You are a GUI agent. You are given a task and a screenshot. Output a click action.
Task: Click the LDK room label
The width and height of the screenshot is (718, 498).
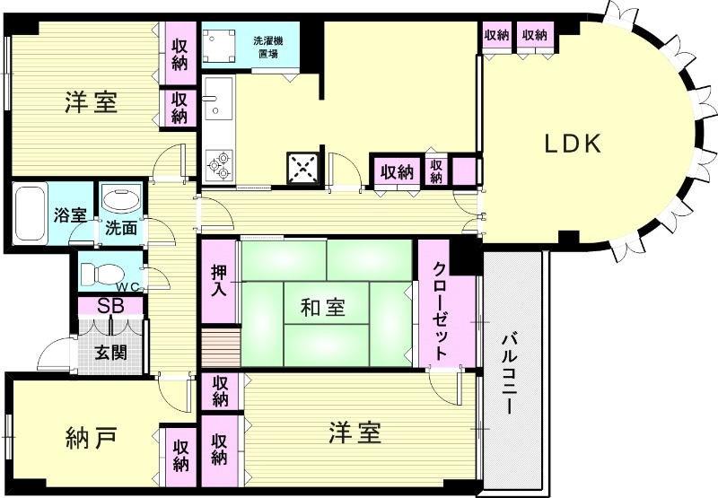[571, 144]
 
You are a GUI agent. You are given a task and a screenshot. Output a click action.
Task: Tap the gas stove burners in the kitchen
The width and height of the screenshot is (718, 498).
[218, 162]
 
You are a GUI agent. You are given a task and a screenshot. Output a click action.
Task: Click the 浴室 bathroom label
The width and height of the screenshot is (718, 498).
[70, 216]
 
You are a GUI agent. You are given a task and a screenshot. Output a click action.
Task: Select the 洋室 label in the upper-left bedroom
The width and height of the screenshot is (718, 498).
[91, 102]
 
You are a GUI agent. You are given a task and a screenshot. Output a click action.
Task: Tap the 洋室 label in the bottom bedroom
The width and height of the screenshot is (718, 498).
[354, 433]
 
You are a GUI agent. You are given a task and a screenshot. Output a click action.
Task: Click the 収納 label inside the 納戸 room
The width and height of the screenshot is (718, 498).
[180, 455]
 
